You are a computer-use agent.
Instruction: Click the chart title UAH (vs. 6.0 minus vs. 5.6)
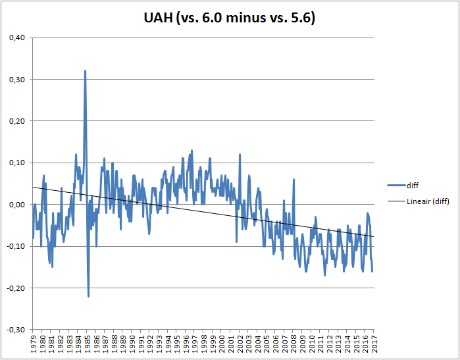pos(230,19)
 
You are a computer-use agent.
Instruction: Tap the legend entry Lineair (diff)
pos(426,201)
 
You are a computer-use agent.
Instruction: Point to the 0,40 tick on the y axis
pos(16,38)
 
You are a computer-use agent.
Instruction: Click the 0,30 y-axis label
pos(16,80)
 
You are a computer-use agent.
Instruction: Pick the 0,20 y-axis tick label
pos(16,121)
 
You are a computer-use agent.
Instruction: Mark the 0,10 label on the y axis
pos(16,163)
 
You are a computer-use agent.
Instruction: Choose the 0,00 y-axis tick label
pos(16,205)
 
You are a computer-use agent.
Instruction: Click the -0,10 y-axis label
pos(15,246)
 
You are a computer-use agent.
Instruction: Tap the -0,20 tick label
pos(15,288)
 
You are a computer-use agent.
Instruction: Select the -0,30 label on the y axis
pos(15,329)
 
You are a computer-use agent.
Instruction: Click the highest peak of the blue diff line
pos(85,70)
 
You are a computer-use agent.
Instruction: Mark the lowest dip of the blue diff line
pos(88,296)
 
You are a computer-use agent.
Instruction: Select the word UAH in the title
pos(158,19)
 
